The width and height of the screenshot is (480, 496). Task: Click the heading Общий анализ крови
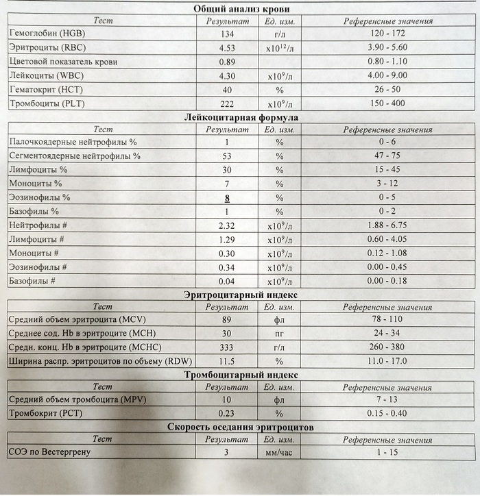click(x=241, y=8)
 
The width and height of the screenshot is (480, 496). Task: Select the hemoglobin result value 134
click(x=226, y=34)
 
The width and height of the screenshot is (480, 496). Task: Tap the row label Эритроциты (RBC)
click(x=46, y=48)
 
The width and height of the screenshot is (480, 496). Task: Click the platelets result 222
click(x=226, y=103)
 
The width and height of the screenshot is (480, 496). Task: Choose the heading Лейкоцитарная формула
click(x=241, y=117)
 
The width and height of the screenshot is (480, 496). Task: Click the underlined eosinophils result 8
click(x=226, y=198)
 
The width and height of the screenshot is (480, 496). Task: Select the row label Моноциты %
click(x=36, y=184)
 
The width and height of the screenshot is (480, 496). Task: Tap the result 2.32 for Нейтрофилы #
click(x=226, y=225)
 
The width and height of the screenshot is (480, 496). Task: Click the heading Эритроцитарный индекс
click(x=241, y=295)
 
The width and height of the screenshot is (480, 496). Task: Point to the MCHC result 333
click(x=226, y=347)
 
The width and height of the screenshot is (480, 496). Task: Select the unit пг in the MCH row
click(x=279, y=334)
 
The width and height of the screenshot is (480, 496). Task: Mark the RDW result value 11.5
click(x=226, y=362)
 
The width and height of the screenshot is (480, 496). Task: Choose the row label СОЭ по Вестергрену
click(x=49, y=452)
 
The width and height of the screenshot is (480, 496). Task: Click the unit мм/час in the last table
click(x=279, y=452)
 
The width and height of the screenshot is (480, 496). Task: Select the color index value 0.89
click(x=226, y=62)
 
